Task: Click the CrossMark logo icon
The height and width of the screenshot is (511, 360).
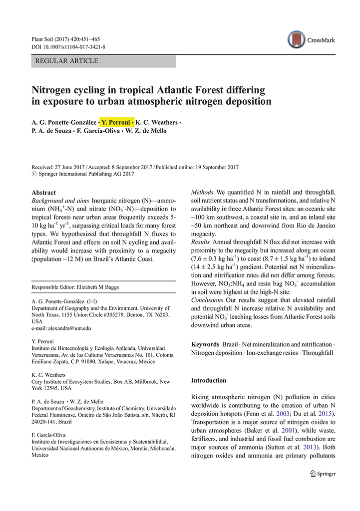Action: click(296, 39)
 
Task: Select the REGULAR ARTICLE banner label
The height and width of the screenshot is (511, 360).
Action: click(66, 61)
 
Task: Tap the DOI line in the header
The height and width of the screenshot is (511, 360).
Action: click(68, 47)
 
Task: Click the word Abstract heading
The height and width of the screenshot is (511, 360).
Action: click(43, 193)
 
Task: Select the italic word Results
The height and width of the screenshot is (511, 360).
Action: click(201, 242)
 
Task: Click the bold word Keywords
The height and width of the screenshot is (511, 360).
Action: click(205, 344)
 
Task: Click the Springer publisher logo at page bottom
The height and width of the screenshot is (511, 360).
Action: click(322, 474)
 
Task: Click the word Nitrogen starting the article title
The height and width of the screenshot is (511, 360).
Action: click(54, 90)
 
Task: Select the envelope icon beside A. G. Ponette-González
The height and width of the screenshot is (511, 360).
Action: click(92, 301)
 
